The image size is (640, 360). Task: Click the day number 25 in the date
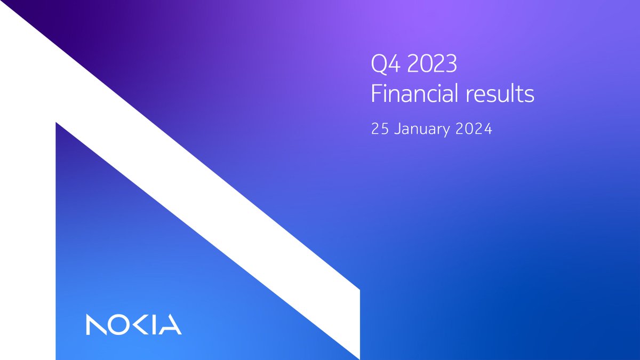click(379, 130)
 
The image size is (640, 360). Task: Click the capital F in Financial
click(376, 94)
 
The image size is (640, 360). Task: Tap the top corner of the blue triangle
click(57, 125)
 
